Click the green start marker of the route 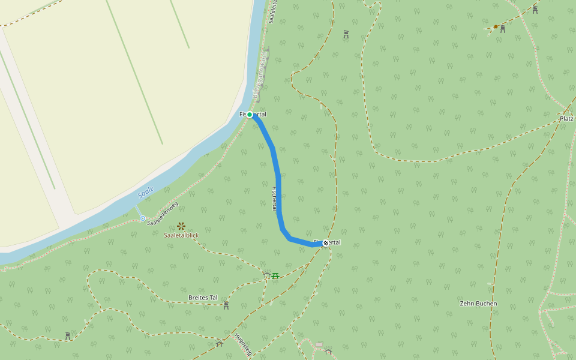[x=250, y=115]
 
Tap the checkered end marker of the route [x=325, y=243]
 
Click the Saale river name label [x=146, y=192]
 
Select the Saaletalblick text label [x=181, y=235]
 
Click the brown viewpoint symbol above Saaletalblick [x=181, y=226]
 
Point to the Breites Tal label [x=203, y=298]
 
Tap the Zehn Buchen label [x=478, y=304]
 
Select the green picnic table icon [x=275, y=275]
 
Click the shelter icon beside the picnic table [x=266, y=275]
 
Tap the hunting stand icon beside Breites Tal [x=226, y=305]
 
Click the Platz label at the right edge [x=566, y=119]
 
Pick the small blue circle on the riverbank [x=142, y=218]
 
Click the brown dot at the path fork [x=496, y=26]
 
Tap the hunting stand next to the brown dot [x=503, y=29]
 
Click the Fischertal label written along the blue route [x=274, y=198]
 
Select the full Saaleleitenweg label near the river [x=163, y=214]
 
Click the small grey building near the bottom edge [x=319, y=344]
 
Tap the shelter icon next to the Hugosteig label [x=220, y=343]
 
